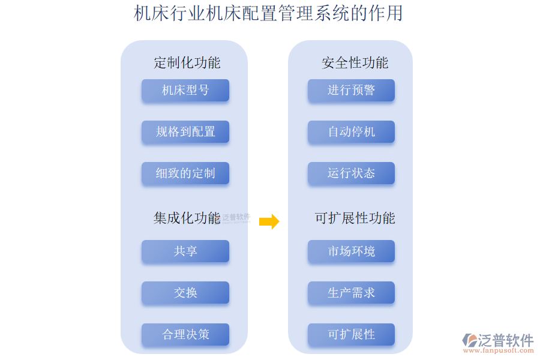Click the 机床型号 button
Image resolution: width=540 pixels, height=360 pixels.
[185, 91]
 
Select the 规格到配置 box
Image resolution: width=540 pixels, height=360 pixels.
[185, 132]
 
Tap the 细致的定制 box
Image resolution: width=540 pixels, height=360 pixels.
[185, 173]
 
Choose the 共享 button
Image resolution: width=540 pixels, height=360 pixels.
[185, 251]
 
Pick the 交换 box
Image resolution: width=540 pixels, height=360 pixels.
[185, 293]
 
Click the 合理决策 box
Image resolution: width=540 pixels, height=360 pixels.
[185, 334]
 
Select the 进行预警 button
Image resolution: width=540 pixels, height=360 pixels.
[351, 91]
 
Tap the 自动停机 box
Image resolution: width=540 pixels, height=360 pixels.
[351, 132]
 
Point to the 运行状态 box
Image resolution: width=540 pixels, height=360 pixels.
[351, 173]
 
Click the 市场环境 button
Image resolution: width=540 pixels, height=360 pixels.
[351, 251]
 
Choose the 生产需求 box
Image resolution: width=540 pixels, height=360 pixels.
[351, 293]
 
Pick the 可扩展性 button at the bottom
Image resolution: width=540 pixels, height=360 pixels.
[351, 334]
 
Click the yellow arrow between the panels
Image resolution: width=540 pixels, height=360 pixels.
[269, 221]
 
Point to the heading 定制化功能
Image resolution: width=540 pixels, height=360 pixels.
[187, 62]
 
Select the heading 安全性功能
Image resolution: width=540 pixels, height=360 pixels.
[355, 62]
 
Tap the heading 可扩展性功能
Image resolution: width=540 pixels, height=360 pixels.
[355, 218]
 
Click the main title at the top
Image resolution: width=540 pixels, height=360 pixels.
[268, 13]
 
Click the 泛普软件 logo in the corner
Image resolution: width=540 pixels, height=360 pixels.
[498, 340]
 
